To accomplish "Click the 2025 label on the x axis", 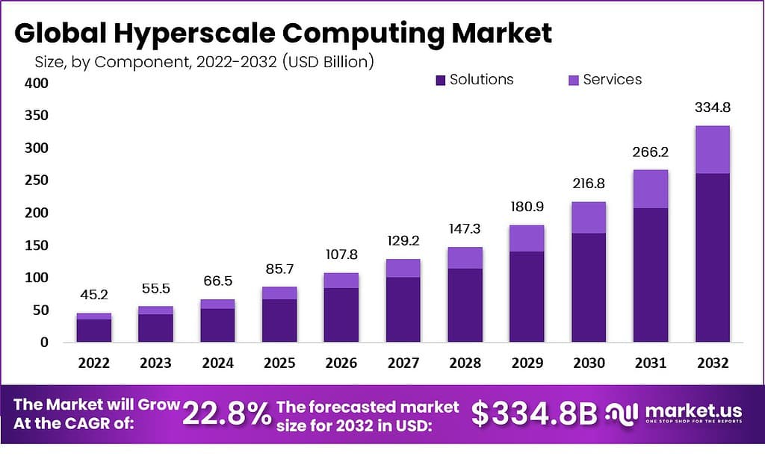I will tap(279, 363).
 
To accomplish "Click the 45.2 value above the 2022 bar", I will tap(94, 296).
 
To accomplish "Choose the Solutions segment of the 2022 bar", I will tap(94, 330).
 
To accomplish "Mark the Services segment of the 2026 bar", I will tap(341, 280).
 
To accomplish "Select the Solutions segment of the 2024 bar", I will tap(217, 325).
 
